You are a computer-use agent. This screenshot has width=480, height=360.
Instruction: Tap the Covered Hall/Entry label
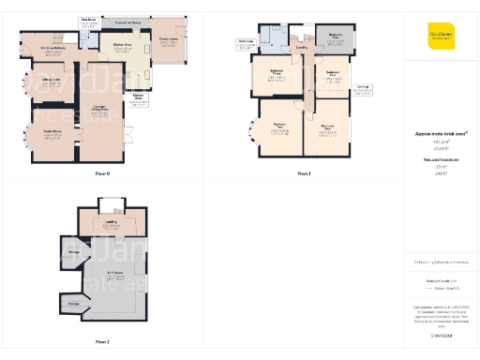tap(128, 20)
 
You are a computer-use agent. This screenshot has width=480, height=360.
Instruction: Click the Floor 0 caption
tap(102, 173)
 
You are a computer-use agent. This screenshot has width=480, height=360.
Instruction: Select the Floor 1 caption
tap(303, 173)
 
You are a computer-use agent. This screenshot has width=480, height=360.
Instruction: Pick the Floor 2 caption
tap(102, 342)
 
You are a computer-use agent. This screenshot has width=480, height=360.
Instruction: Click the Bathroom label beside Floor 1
tap(246, 42)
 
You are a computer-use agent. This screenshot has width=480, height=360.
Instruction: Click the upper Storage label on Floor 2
tap(73, 251)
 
